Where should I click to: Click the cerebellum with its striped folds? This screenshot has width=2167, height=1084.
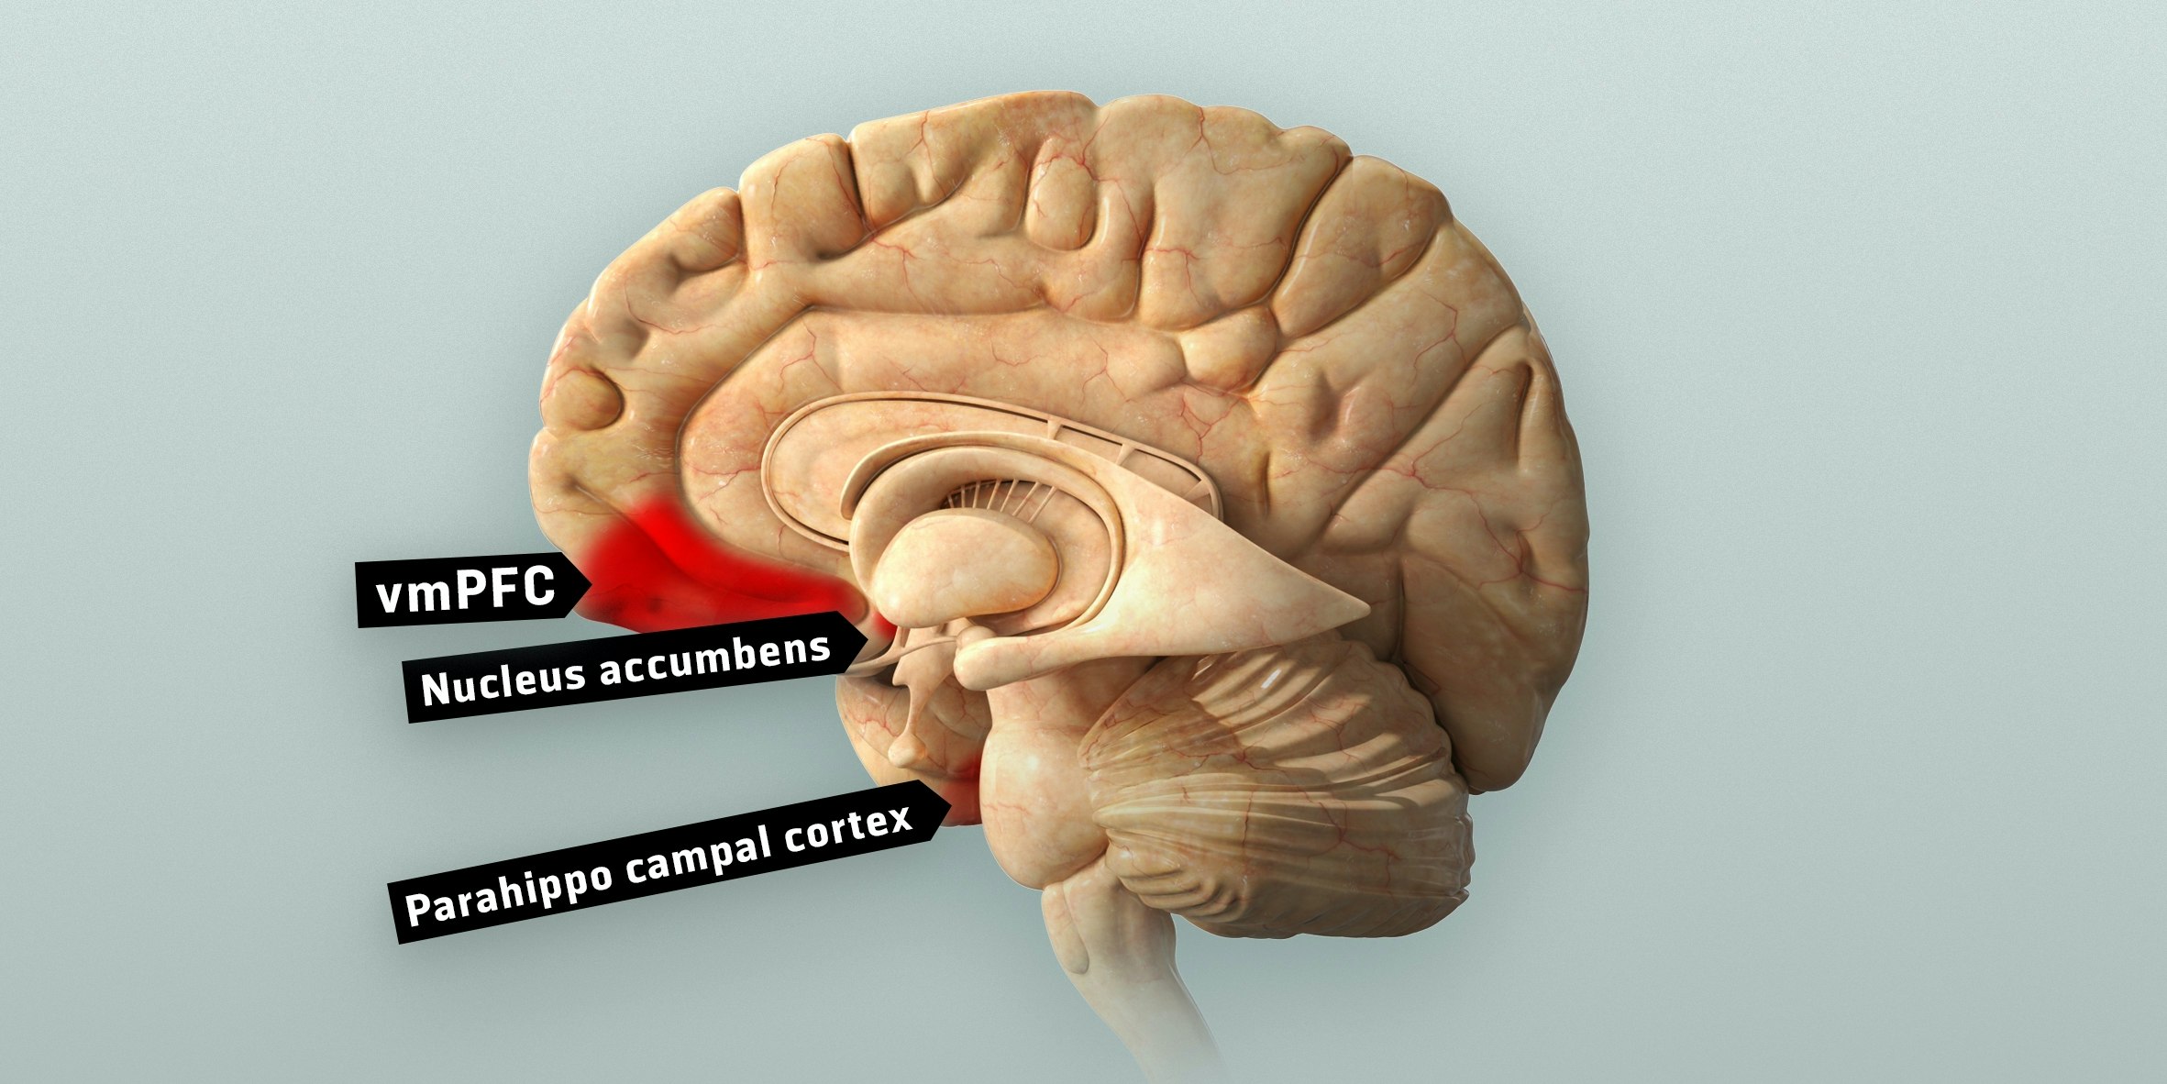coord(1284,807)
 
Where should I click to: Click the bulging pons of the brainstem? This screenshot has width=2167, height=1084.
coord(1036,798)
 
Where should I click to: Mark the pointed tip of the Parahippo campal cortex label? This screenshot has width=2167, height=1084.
coord(949,808)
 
